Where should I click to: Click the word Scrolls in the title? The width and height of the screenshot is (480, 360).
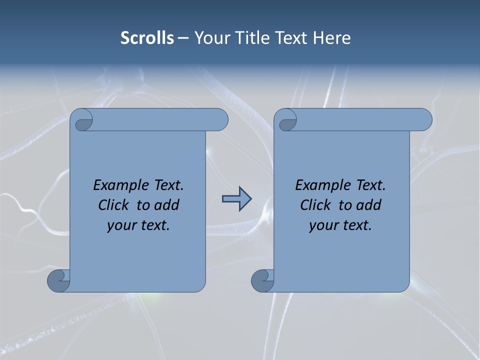pos(147,38)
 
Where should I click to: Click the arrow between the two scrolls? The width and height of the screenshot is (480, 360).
pos(236,199)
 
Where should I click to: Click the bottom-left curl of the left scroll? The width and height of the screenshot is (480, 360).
pos(58,280)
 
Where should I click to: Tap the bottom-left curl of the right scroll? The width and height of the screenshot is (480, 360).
pos(262,280)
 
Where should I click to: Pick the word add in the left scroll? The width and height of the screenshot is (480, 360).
pos(166,205)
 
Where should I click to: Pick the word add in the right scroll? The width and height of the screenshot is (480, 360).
pos(368,205)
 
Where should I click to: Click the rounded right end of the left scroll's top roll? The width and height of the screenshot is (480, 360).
pos(220,120)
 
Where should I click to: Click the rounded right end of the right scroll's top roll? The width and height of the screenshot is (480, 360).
pos(424,120)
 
